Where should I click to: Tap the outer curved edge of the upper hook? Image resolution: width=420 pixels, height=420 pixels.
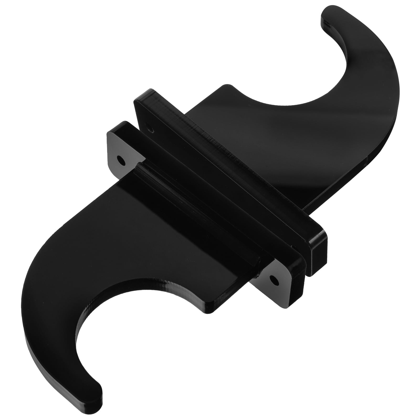(394, 118)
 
